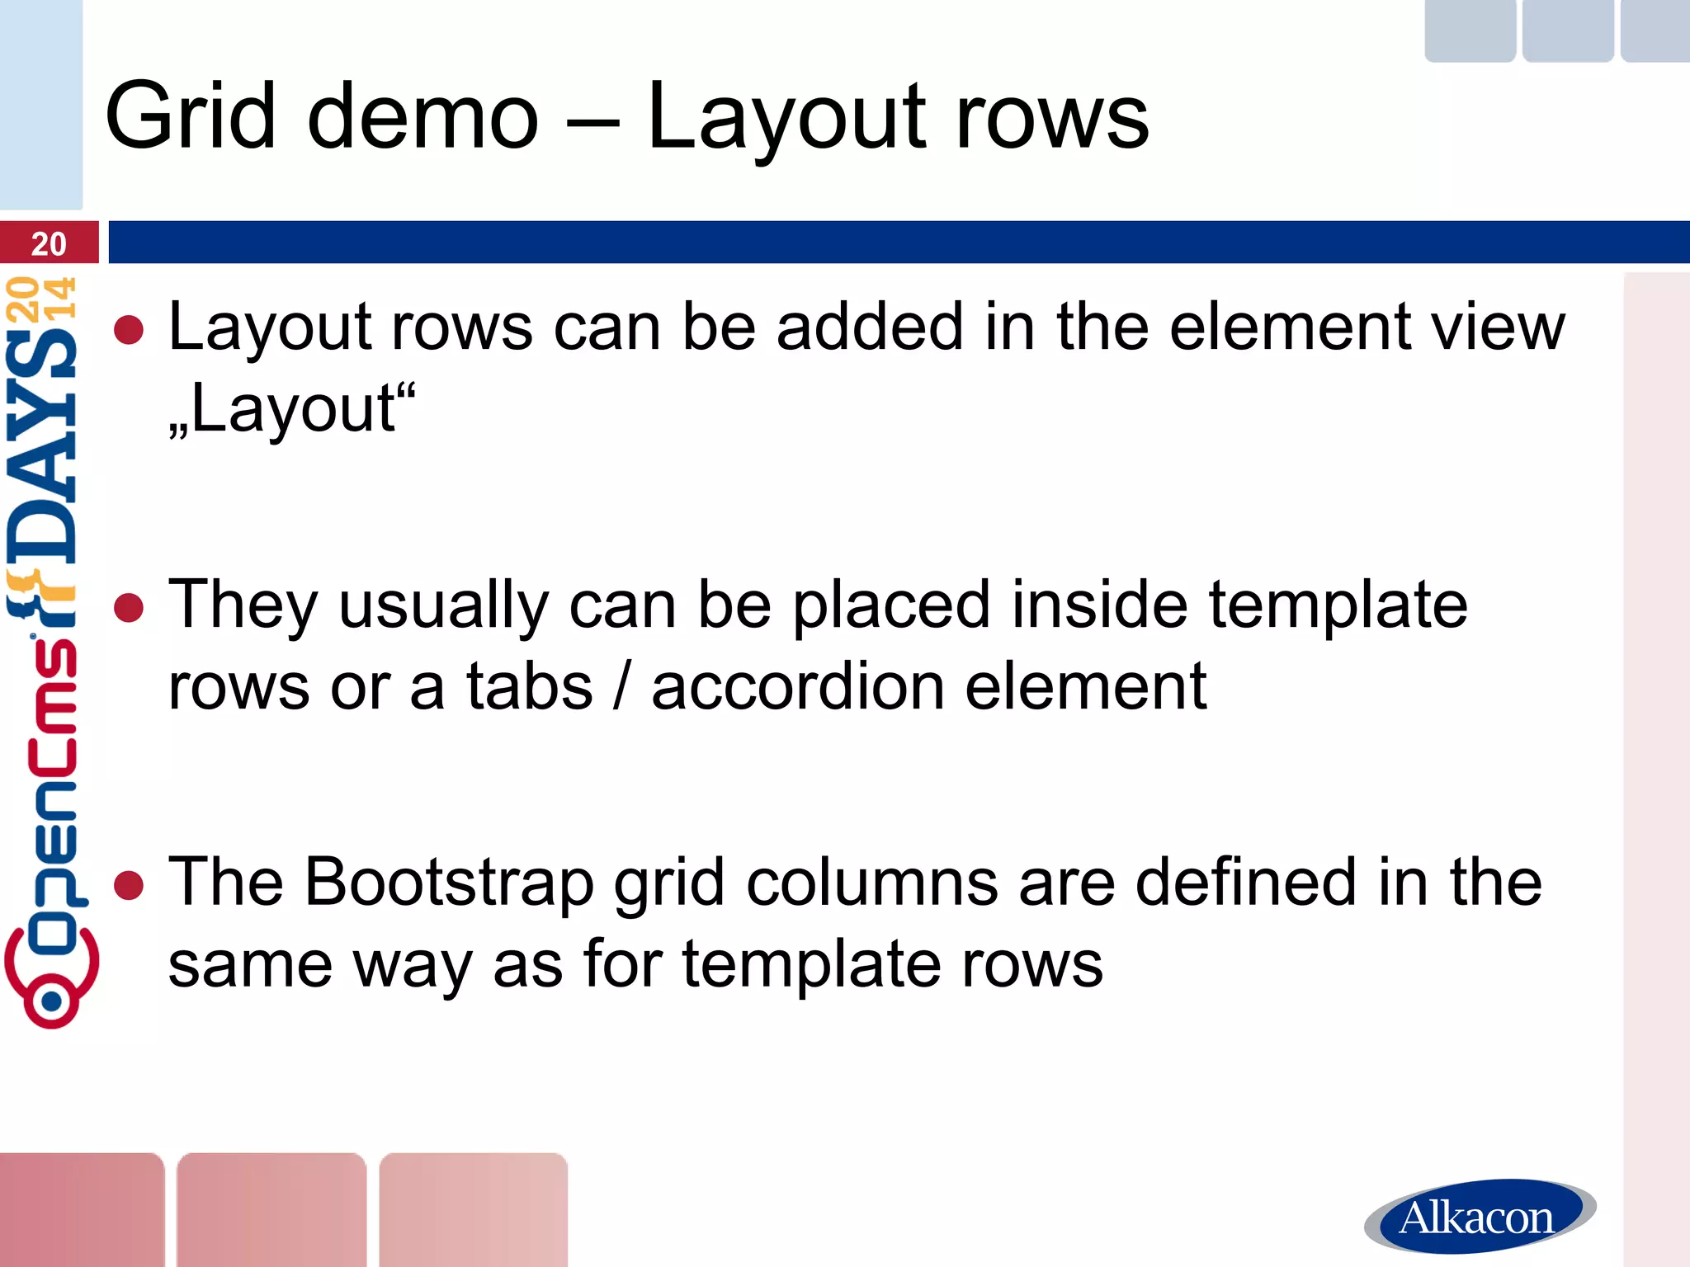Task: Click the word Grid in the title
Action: pos(190,116)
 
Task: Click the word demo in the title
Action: pos(423,116)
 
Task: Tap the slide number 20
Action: pos(48,243)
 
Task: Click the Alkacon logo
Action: pos(1478,1217)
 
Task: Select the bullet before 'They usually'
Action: pos(129,608)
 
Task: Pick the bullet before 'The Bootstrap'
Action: pos(129,885)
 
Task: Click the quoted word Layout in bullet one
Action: pos(294,409)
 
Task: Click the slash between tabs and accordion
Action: pos(621,686)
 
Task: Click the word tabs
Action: pos(529,686)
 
